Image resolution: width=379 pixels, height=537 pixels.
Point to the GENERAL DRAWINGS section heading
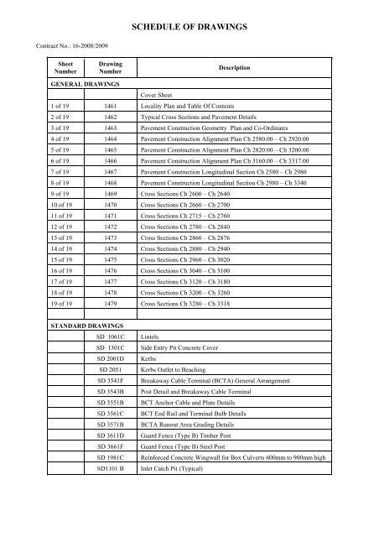(85, 85)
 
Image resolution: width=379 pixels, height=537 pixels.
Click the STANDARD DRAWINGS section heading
(88, 345)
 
